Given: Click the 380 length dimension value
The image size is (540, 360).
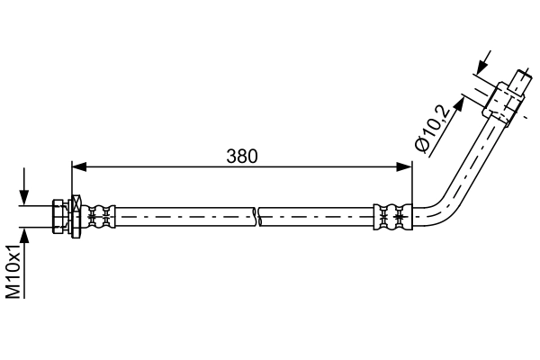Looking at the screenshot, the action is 242,157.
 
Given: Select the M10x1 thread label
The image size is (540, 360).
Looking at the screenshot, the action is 13,272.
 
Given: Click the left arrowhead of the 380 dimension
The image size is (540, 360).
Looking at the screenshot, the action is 79,166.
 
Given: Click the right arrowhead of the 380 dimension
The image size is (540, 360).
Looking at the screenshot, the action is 404,166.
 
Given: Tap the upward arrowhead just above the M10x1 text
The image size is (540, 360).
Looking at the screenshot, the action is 24,235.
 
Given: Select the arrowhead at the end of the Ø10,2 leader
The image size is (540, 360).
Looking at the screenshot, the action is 459,103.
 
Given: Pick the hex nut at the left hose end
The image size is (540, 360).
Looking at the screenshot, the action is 58,216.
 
